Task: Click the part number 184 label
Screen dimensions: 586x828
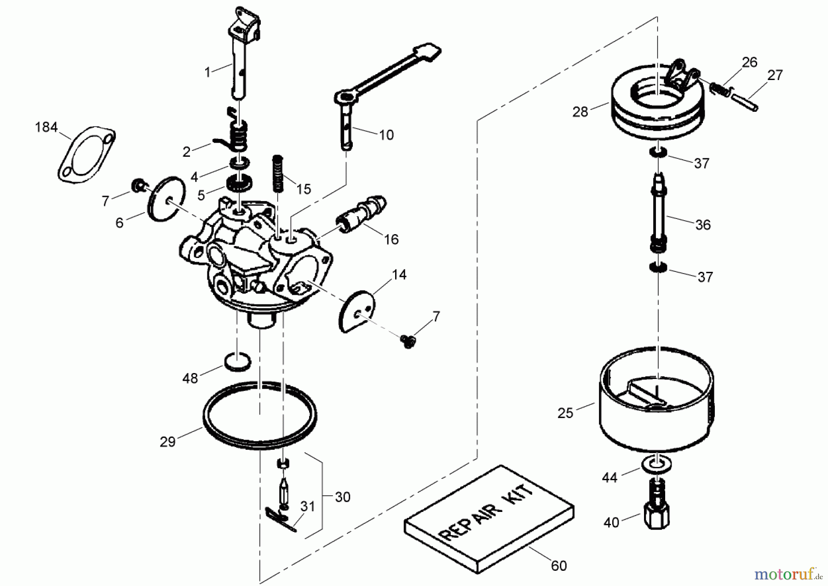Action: coord(46,127)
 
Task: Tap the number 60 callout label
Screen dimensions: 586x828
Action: coord(558,565)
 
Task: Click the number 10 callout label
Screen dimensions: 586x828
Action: coord(386,135)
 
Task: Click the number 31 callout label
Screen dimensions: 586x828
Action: coord(307,506)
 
